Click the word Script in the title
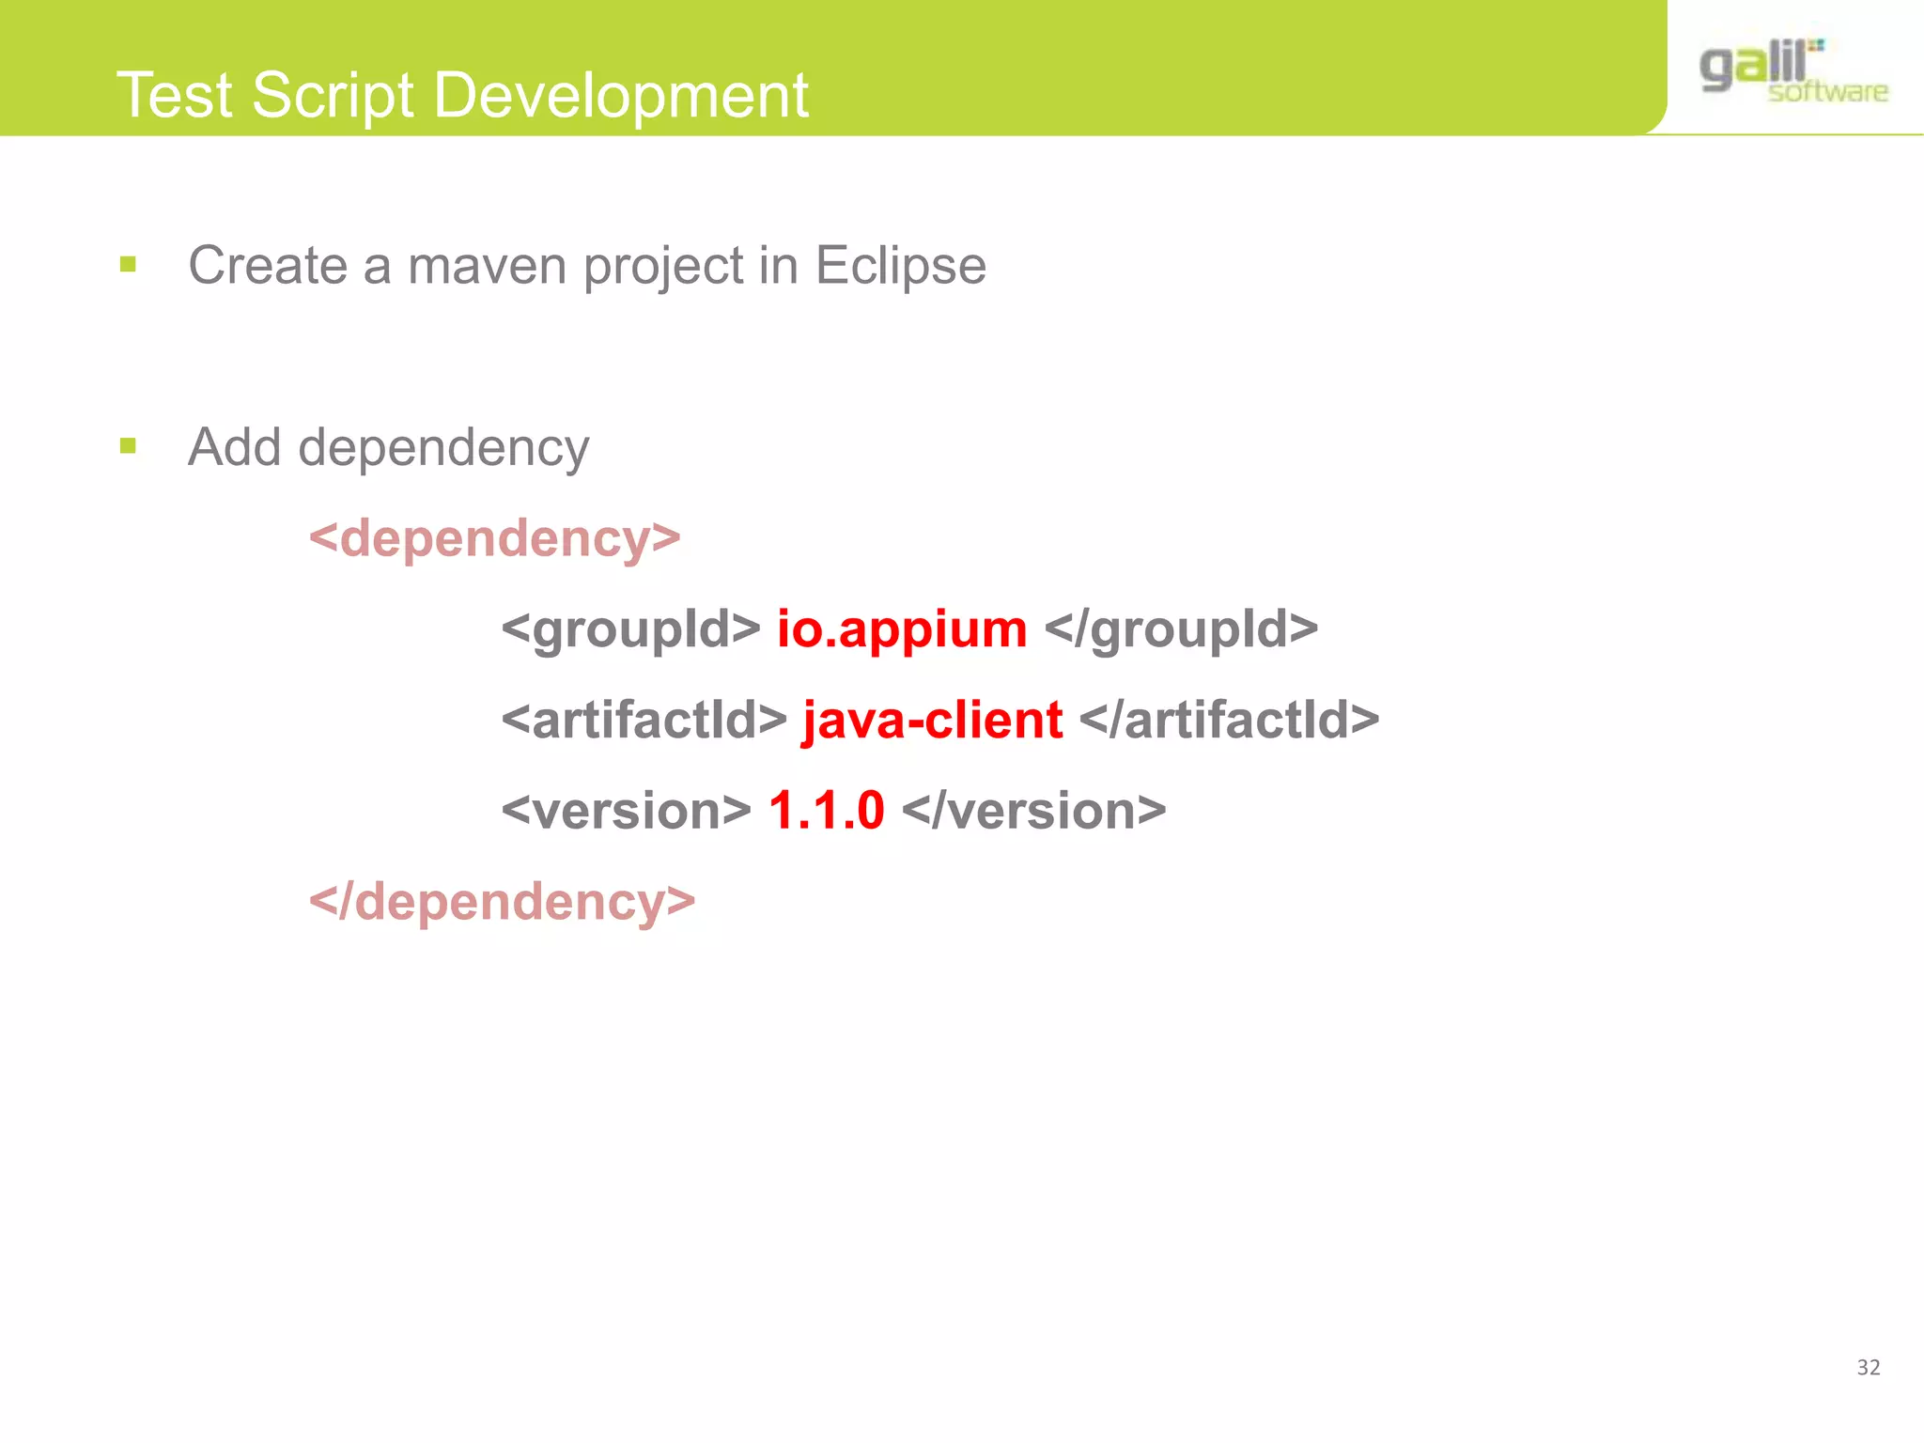[x=333, y=96]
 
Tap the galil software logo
[x=1792, y=71]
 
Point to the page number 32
[x=1868, y=1368]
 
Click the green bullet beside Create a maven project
[x=129, y=265]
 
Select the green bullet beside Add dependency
[x=129, y=446]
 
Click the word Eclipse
[x=900, y=266]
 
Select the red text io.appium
[x=901, y=629]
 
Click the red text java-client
[x=932, y=721]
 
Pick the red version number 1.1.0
[x=826, y=811]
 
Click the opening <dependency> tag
[x=494, y=539]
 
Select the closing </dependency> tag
[x=502, y=903]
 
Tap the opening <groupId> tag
[x=630, y=629]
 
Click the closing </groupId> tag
[x=1181, y=629]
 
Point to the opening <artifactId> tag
[x=644, y=721]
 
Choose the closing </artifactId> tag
[x=1229, y=721]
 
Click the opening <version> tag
[x=626, y=811]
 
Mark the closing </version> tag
[x=1033, y=811]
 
